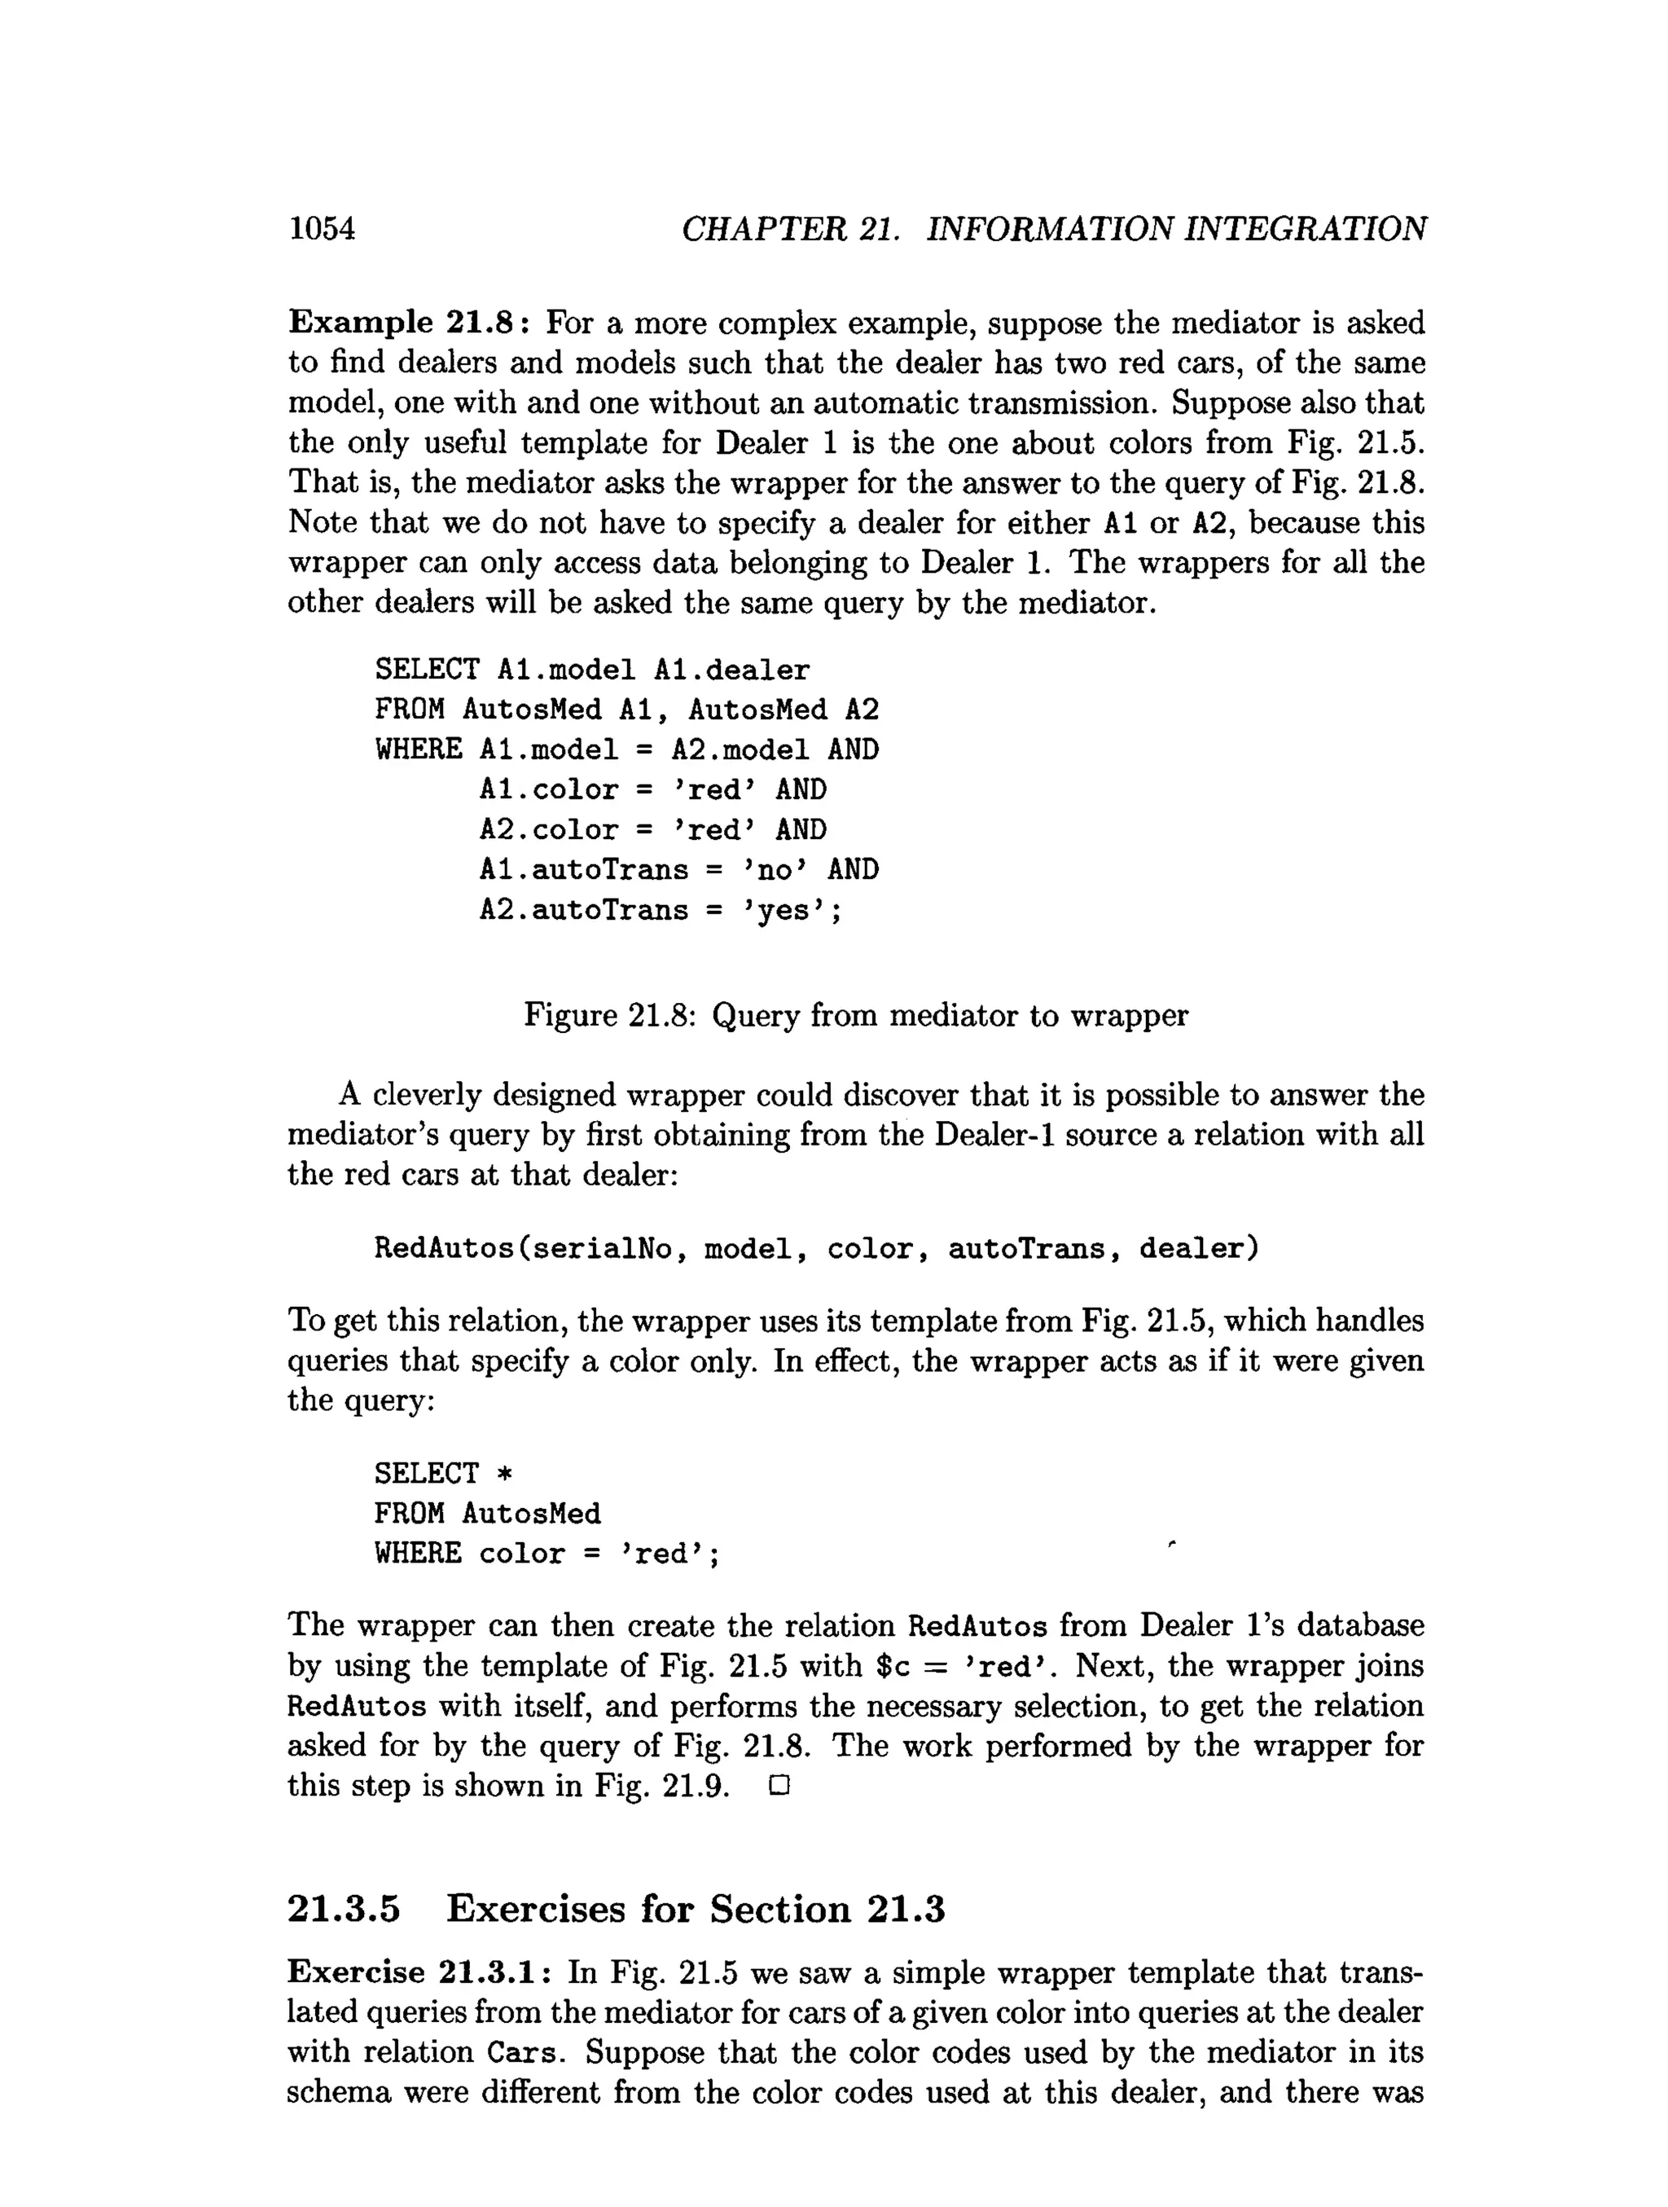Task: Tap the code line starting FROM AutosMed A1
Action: tap(626, 710)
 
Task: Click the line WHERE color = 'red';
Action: tap(546, 1554)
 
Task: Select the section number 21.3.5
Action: tap(343, 1909)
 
